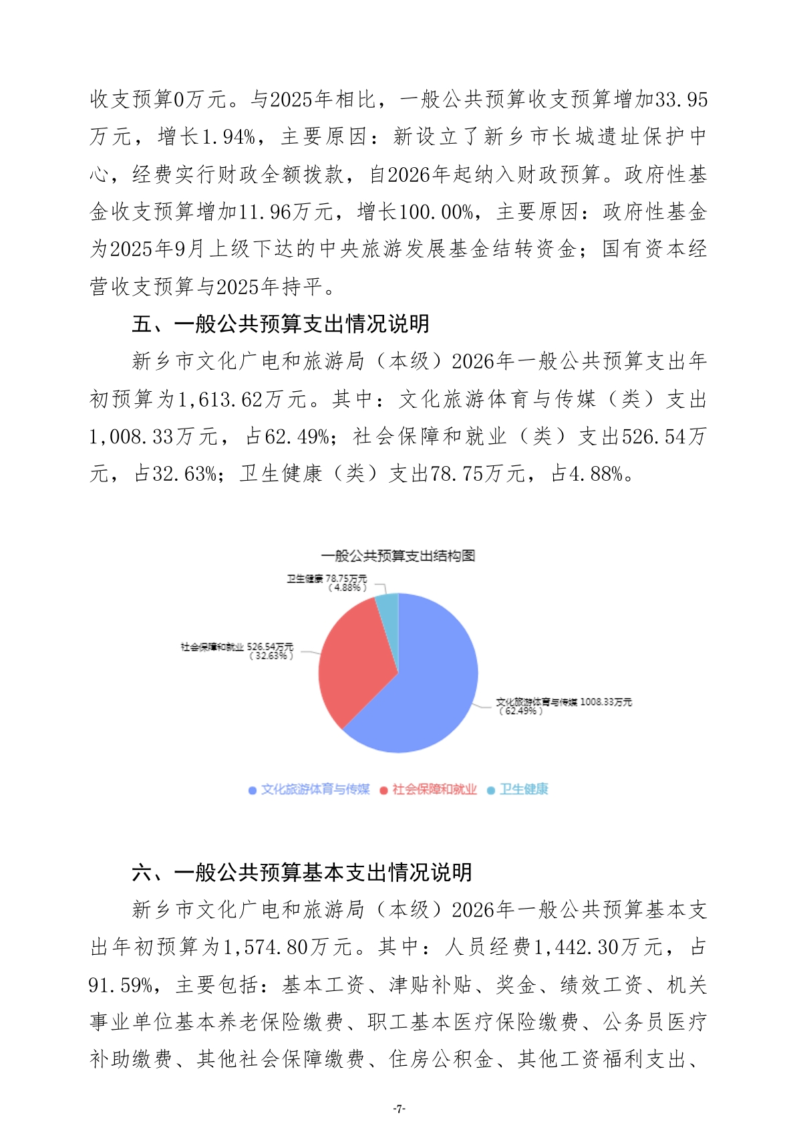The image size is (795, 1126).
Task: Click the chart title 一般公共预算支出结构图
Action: pyautogui.click(x=397, y=556)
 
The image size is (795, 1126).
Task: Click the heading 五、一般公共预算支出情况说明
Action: pyautogui.click(x=281, y=324)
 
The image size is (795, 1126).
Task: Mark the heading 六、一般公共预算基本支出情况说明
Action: pyautogui.click(x=302, y=873)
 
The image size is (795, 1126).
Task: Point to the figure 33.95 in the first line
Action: pyautogui.click(x=681, y=100)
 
